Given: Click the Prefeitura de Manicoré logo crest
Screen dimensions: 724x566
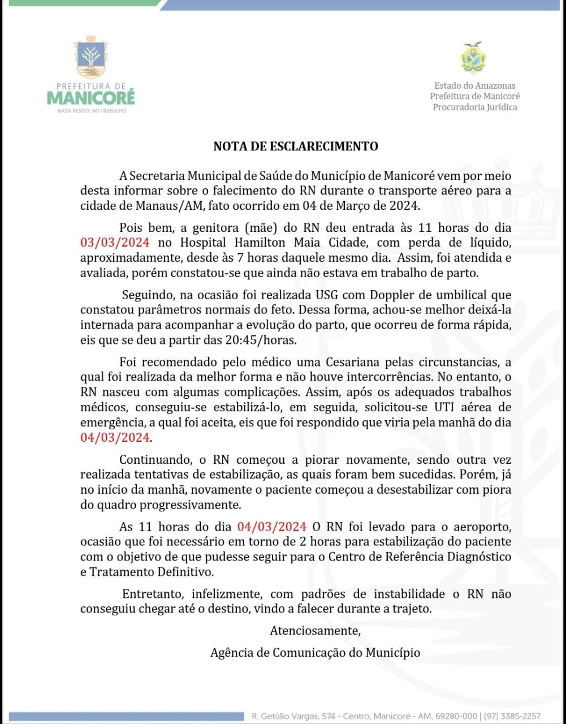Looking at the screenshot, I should tap(90, 58).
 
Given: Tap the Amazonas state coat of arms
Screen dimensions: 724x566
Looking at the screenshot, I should tap(474, 58).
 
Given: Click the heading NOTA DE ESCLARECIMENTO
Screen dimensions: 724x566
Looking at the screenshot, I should tap(296, 146).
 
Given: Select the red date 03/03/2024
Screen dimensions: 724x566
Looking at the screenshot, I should tap(115, 243).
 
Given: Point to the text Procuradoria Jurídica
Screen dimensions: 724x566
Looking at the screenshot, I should tap(475, 107).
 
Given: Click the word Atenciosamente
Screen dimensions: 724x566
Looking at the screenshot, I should tap(315, 631).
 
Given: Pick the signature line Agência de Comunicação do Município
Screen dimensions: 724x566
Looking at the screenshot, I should tap(315, 653).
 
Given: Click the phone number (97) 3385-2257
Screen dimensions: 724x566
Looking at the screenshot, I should tap(513, 716).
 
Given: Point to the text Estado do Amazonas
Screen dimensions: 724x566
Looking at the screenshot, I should tap(475, 85).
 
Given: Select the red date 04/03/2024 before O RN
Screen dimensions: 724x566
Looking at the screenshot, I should tap(272, 527).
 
